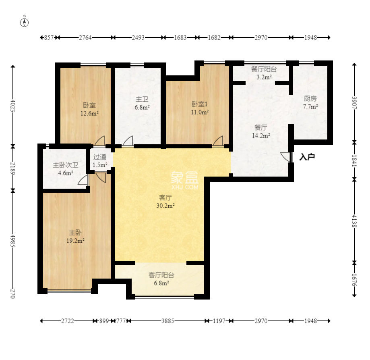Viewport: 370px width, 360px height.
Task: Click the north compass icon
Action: point(24,21)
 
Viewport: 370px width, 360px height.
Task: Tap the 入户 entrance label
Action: point(307,157)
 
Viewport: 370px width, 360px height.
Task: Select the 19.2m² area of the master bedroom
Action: point(75,241)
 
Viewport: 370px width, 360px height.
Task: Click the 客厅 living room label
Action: point(165,198)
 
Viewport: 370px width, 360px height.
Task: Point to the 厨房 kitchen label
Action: point(310,98)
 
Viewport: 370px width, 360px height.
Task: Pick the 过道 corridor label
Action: point(100,157)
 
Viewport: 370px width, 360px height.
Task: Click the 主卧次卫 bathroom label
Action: point(65,165)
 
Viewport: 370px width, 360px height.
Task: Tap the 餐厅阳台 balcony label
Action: point(264,69)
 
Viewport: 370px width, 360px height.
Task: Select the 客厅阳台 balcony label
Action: point(161,275)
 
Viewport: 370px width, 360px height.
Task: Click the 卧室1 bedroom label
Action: point(199,104)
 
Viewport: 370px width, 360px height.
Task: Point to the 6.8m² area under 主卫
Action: point(142,108)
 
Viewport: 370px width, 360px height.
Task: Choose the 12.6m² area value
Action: point(89,113)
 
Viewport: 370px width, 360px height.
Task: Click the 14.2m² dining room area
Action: point(261,135)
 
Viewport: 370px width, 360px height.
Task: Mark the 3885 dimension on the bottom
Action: point(168,321)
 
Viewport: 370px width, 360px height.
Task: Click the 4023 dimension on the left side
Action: point(13,106)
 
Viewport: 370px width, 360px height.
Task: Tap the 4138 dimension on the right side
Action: point(354,221)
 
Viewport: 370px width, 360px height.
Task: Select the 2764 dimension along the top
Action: point(85,37)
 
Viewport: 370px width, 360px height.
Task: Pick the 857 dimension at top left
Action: point(49,37)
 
